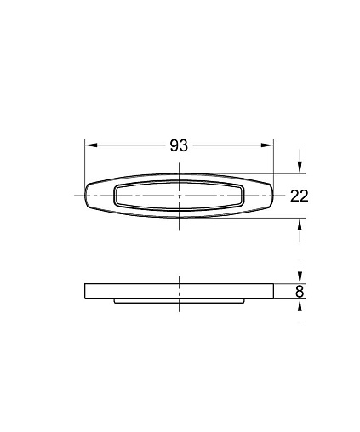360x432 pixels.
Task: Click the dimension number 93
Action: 179,145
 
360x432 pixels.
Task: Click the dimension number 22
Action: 299,196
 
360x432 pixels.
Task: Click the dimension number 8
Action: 300,292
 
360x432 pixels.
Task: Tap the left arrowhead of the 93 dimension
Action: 91,145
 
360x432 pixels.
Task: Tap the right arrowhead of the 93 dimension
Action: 267,145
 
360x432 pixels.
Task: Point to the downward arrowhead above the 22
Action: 300,168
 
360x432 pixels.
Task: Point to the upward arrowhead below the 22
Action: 300,225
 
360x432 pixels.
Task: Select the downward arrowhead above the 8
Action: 300,277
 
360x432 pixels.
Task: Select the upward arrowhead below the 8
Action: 300,305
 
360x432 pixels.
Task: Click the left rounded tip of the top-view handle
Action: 85,196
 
